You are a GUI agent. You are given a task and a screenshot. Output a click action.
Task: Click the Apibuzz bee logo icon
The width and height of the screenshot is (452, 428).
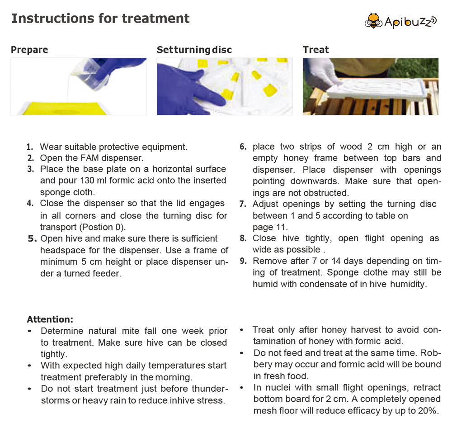(374, 21)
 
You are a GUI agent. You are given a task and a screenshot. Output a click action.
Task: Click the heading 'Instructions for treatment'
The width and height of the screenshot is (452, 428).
(100, 19)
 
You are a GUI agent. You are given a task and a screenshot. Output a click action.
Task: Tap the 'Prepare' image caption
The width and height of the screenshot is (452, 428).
(29, 50)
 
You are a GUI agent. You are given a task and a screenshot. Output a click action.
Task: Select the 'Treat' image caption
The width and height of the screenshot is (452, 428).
(316, 50)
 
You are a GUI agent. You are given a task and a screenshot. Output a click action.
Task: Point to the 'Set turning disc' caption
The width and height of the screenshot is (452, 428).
(194, 50)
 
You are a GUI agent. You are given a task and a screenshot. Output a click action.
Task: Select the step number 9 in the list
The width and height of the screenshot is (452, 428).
(243, 261)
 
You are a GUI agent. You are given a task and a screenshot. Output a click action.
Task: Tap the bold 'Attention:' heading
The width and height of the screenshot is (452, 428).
(50, 319)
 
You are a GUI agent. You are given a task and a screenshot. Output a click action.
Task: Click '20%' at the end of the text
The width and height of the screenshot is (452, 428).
(429, 411)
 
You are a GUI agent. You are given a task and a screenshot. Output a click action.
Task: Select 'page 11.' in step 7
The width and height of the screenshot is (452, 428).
(270, 227)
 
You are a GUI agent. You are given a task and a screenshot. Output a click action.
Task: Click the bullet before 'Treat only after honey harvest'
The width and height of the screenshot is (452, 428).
(243, 330)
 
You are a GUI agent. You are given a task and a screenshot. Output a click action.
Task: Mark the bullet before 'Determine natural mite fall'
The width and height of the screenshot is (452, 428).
(30, 331)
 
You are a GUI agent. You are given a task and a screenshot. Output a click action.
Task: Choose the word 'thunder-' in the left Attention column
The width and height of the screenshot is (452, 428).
(206, 389)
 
